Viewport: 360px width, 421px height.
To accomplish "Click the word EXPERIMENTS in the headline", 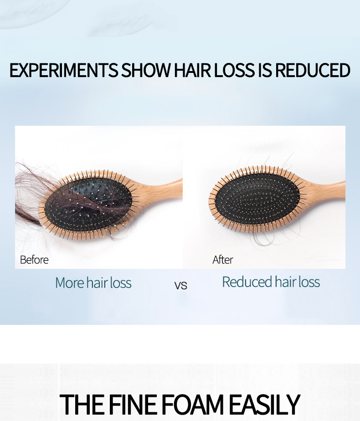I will [x=63, y=71].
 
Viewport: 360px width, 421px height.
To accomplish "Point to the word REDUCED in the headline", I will [x=313, y=71].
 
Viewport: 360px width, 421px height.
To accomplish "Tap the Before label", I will [x=34, y=260].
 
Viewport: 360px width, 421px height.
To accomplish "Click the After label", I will [x=223, y=260].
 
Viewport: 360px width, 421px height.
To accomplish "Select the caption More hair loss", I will [x=93, y=283].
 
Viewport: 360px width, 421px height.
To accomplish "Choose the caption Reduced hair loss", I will [x=271, y=282].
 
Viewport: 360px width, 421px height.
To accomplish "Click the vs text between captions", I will [x=181, y=286].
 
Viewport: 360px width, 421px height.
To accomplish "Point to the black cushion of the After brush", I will [x=257, y=200].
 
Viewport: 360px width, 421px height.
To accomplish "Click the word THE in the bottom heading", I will [x=81, y=404].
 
